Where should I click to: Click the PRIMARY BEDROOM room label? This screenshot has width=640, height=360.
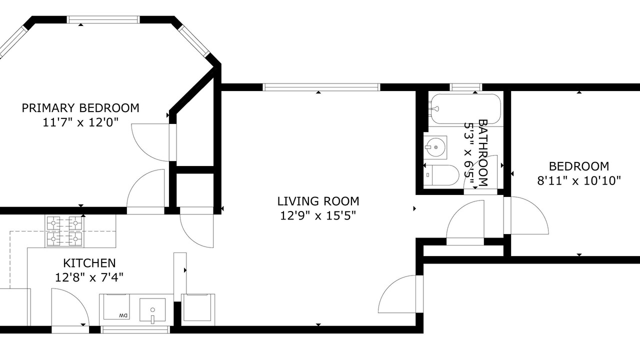(x=80, y=108)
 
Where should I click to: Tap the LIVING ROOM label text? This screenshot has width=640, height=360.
(x=318, y=201)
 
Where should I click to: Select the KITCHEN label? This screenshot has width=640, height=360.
(x=89, y=263)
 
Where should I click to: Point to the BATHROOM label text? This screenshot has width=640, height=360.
(x=483, y=153)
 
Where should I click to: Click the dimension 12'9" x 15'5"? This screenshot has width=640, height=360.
(x=318, y=215)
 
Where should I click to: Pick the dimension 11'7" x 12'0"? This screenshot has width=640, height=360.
(x=80, y=122)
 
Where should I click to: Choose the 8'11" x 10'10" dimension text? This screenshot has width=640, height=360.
(x=579, y=181)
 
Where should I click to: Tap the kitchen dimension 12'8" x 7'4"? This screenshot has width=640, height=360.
(x=89, y=277)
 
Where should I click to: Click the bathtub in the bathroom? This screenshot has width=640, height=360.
(x=465, y=109)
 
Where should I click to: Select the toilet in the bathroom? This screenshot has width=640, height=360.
(x=441, y=175)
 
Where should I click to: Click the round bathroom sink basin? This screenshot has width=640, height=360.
(x=435, y=147)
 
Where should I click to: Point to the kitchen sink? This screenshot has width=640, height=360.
(x=152, y=310)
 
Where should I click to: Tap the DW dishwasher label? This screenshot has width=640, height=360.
(x=123, y=315)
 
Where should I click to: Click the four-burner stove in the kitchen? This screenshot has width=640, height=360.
(x=65, y=231)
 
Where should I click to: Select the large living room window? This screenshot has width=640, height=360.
(x=321, y=87)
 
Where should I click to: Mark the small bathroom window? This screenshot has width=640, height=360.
(x=466, y=87)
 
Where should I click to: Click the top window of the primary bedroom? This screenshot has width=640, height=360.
(x=103, y=19)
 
